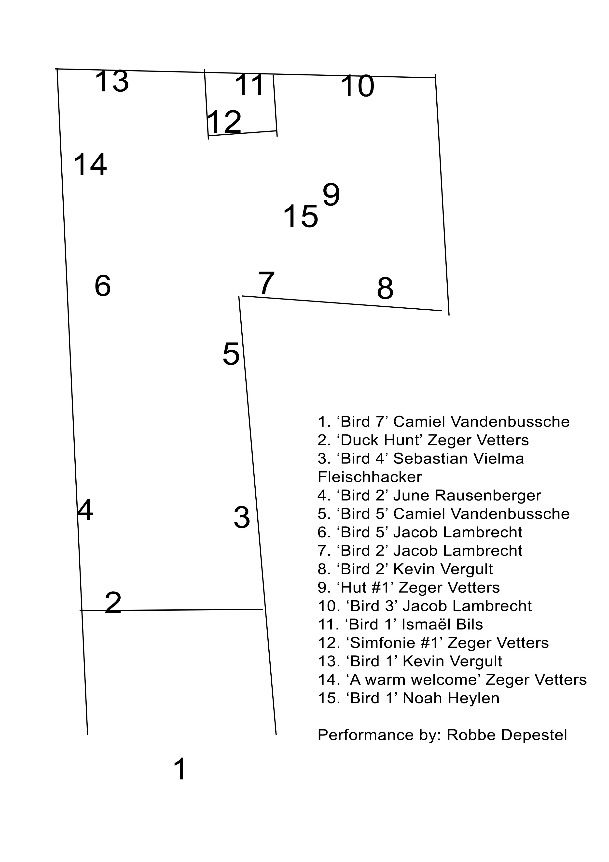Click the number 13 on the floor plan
pyautogui.click(x=112, y=81)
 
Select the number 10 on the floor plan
pyautogui.click(x=357, y=86)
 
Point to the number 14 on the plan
pyautogui.click(x=90, y=164)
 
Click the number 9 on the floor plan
pyautogui.click(x=331, y=195)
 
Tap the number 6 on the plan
pyautogui.click(x=102, y=286)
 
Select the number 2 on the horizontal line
pyautogui.click(x=113, y=603)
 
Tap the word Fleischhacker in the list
pyautogui.click(x=370, y=477)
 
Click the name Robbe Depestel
pyautogui.click(x=507, y=735)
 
